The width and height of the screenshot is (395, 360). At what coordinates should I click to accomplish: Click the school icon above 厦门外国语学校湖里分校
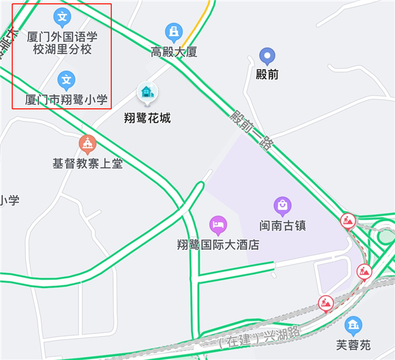coord(61,16)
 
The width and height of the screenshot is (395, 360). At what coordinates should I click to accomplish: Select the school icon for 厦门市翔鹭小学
coord(66,79)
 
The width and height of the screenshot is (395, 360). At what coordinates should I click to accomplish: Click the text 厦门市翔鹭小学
coord(66,99)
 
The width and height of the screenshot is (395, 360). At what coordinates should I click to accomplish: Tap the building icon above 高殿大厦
coord(173,32)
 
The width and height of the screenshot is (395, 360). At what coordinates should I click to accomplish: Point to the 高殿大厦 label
coord(174,52)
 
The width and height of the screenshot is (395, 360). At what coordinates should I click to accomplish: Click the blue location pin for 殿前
coord(268,56)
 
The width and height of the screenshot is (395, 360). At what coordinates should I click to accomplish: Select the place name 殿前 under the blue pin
coord(268,75)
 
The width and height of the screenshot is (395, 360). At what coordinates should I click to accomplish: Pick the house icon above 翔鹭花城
coord(147,94)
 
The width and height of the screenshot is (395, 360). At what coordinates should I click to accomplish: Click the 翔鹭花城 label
coord(147,118)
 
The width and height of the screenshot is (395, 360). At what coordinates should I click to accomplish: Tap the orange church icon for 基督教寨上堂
coord(87,144)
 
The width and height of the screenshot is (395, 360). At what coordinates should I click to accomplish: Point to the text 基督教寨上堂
coord(87,164)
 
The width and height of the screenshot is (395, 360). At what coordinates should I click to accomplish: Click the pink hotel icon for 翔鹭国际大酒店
coord(218,224)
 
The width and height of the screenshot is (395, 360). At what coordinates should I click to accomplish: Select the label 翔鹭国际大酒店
coord(218,244)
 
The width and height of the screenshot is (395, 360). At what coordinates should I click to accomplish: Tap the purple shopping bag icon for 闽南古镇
coord(282,205)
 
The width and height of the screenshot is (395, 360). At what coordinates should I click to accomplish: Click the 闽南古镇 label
coord(283,225)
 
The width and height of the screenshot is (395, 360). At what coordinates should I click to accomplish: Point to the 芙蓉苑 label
coord(353,345)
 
